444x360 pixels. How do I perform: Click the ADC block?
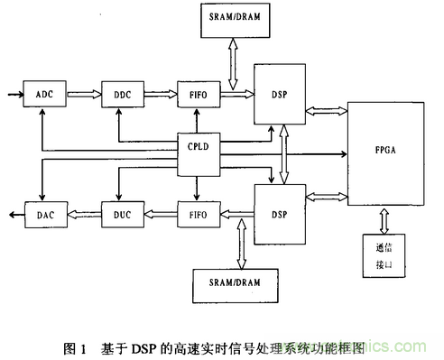coord(45,94)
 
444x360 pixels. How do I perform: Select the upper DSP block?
coord(279,94)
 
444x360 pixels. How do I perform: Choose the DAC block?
coord(45,217)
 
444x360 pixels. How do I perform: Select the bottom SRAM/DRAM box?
coord(236,284)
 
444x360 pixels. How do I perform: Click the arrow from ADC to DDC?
coord(82,94)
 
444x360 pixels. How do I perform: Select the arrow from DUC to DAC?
coord(82,217)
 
